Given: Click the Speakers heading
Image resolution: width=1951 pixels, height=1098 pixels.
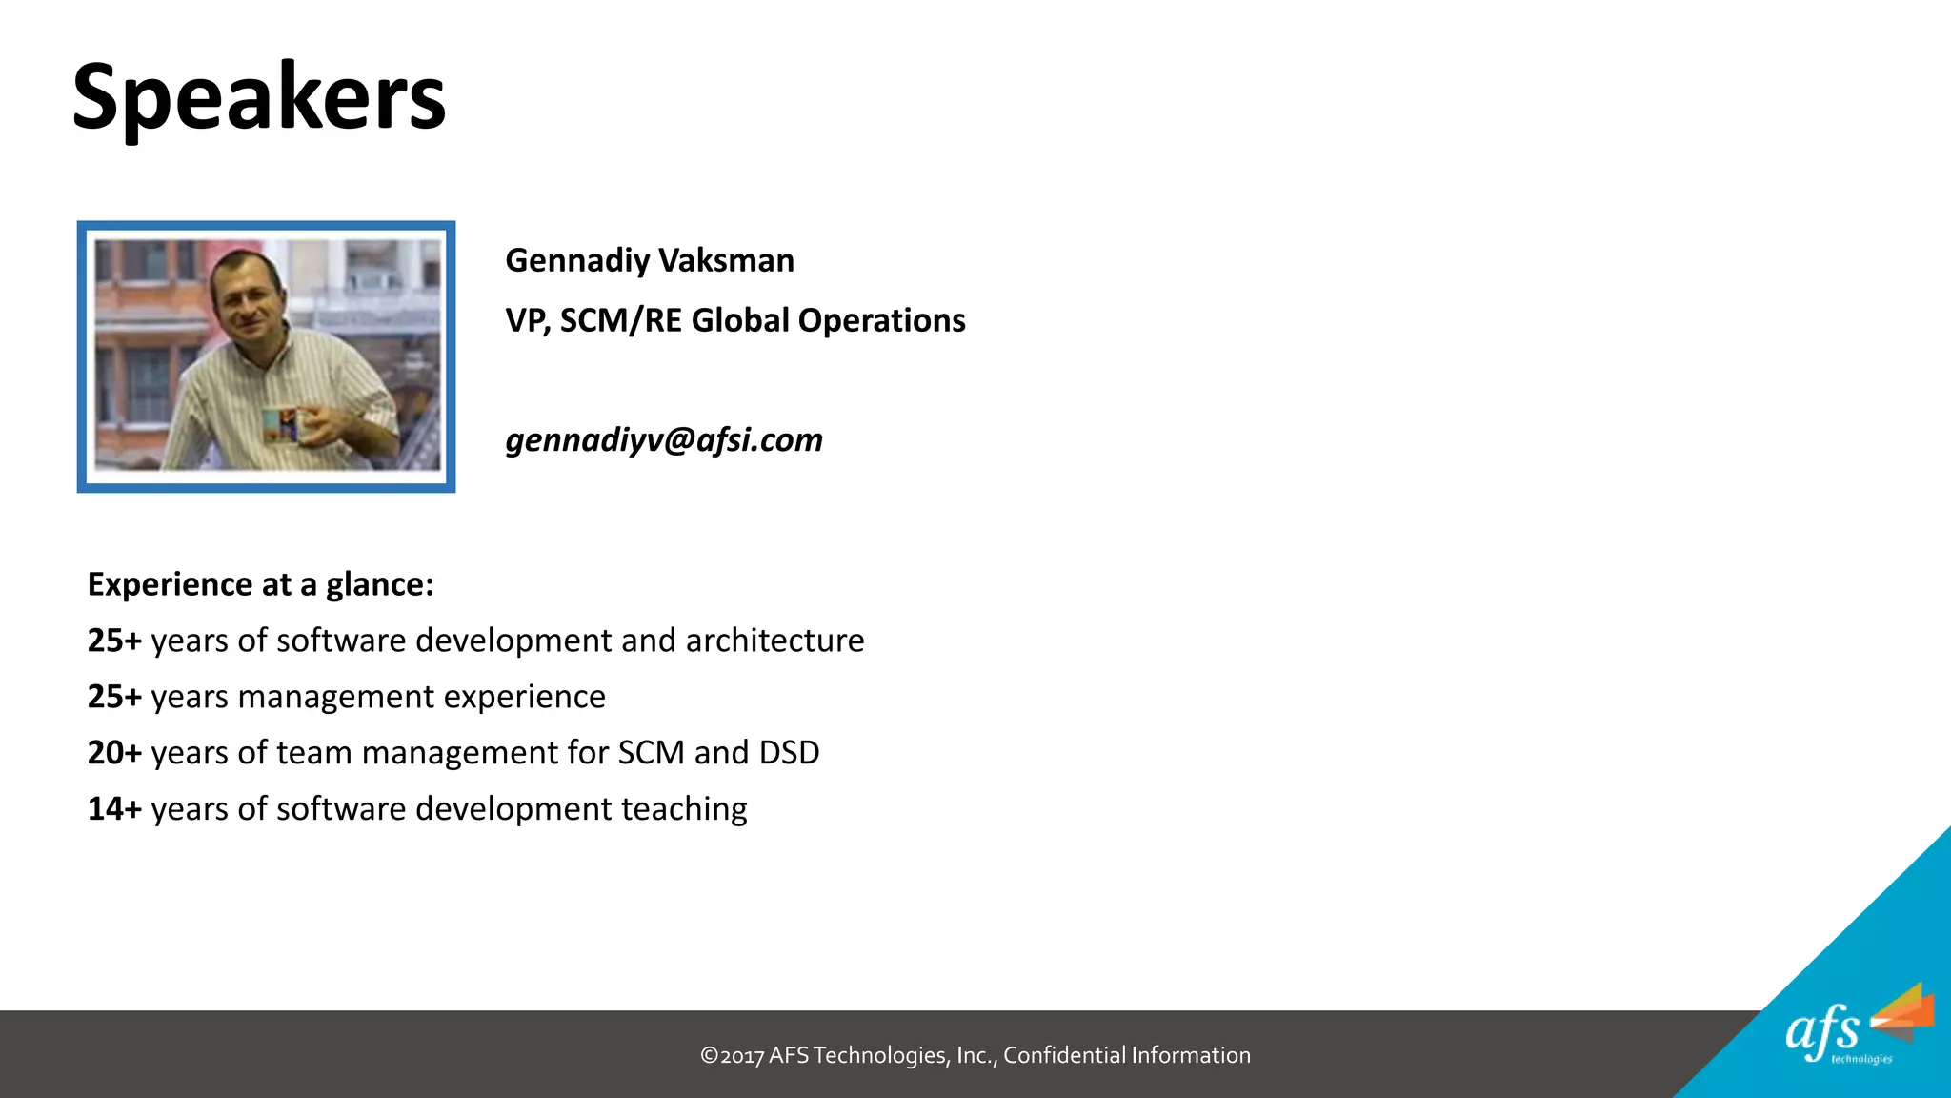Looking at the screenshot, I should [259, 97].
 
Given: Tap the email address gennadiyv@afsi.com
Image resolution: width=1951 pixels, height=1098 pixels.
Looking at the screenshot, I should [664, 440].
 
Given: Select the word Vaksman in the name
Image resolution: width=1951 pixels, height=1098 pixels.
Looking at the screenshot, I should [726, 260].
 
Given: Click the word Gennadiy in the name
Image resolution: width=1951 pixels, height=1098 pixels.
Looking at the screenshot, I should [577, 260].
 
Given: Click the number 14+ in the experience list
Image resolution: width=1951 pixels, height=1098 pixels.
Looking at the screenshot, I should [114, 809].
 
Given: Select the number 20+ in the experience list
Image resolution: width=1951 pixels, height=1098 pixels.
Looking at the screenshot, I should [114, 753].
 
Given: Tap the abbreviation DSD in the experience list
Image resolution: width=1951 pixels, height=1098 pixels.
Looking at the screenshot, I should [789, 753].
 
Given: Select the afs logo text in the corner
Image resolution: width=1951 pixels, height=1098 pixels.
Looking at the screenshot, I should [1821, 1032].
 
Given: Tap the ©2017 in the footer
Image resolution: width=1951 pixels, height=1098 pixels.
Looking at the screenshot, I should [732, 1056].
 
